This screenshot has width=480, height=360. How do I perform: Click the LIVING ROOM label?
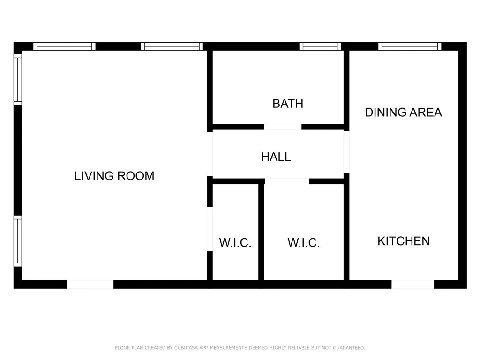click(114, 176)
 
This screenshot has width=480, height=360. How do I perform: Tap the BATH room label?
click(288, 104)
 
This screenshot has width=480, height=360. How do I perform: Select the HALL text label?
click(276, 157)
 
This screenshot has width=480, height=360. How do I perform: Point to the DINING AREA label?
click(403, 112)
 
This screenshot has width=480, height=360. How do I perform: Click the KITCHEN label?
click(404, 241)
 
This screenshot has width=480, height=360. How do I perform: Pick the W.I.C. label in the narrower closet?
click(235, 243)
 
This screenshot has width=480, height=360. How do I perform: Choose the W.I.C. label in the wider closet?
click(304, 243)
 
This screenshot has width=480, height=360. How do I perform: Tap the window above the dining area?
click(410, 46)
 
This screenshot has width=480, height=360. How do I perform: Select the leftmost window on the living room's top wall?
click(64, 46)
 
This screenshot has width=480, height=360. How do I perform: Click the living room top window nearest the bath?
click(172, 46)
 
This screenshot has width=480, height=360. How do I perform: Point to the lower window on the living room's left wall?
click(17, 241)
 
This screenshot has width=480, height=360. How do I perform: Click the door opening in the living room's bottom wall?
click(90, 284)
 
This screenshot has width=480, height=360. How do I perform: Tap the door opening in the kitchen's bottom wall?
click(412, 284)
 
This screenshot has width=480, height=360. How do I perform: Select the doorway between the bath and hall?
click(283, 127)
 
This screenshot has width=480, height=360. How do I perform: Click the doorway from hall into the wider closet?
click(287, 181)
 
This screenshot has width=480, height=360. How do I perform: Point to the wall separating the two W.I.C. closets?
click(261, 232)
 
